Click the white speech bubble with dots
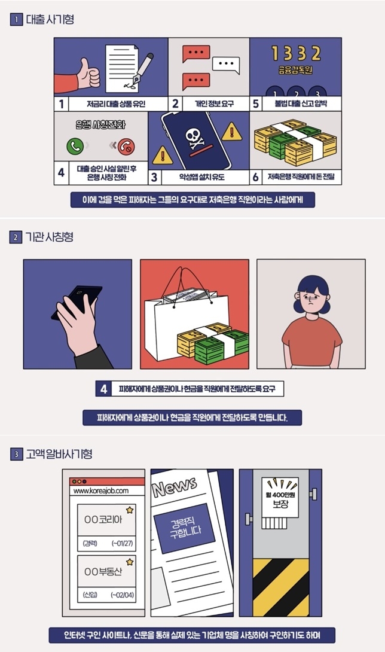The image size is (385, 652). coord(225,64)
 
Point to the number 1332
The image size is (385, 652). coord(295,54)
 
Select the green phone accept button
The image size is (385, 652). coord(75,145)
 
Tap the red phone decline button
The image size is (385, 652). coord(126,145)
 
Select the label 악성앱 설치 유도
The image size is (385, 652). coord(197,178)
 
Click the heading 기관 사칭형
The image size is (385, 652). coord(50,237)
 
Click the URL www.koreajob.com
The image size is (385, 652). coord(101,490)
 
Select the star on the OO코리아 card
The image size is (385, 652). coord(130,510)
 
